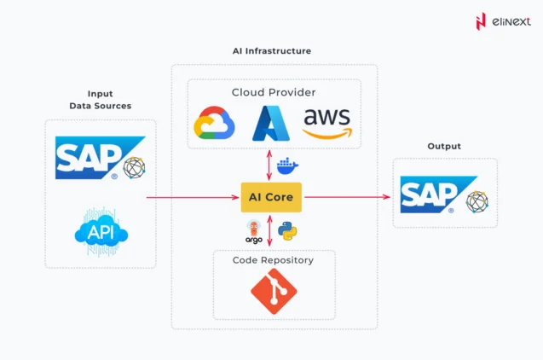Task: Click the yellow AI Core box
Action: pyautogui.click(x=271, y=197)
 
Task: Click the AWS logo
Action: pyautogui.click(x=326, y=125)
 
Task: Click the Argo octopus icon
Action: pyautogui.click(x=254, y=229)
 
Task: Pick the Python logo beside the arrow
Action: pyautogui.click(x=287, y=230)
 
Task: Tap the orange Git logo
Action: pyautogui.click(x=273, y=290)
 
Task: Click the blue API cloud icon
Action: pyautogui.click(x=101, y=231)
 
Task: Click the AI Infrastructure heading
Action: pyautogui.click(x=272, y=51)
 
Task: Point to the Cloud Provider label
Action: pyautogui.click(x=272, y=92)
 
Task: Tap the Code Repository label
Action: pyautogui.click(x=273, y=259)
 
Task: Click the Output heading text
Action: pyautogui.click(x=443, y=146)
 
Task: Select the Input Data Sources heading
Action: pyautogui.click(x=100, y=100)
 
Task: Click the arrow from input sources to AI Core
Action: pyautogui.click(x=192, y=197)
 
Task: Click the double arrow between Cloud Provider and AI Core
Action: pyautogui.click(x=271, y=165)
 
